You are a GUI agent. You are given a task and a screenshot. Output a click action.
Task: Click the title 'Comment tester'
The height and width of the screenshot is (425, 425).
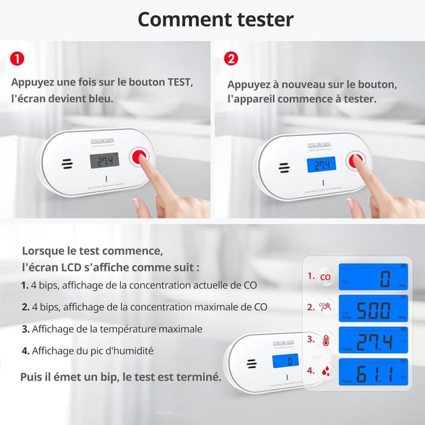215,19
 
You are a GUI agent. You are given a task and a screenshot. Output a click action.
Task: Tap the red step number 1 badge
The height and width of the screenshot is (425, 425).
19,58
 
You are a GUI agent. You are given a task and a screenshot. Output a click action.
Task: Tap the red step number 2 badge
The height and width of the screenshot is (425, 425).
231,58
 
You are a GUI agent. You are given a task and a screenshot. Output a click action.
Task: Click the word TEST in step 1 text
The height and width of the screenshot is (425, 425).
177,82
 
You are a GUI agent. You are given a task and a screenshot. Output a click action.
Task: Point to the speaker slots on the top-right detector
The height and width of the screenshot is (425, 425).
284,168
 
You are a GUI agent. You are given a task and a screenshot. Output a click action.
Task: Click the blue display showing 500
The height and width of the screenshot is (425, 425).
373,309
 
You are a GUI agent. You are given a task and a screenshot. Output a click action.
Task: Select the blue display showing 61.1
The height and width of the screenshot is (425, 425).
373,372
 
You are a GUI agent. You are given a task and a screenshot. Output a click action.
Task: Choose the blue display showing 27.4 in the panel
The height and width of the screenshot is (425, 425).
373,341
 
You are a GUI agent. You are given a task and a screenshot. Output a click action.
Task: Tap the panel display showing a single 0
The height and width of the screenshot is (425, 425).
373,278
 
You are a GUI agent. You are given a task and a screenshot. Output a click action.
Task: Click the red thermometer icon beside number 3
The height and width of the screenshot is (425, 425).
325,341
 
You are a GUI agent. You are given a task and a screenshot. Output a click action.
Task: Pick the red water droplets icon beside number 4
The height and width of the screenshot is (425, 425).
325,372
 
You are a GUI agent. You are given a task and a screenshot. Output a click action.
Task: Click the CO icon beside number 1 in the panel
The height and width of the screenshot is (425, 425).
325,278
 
